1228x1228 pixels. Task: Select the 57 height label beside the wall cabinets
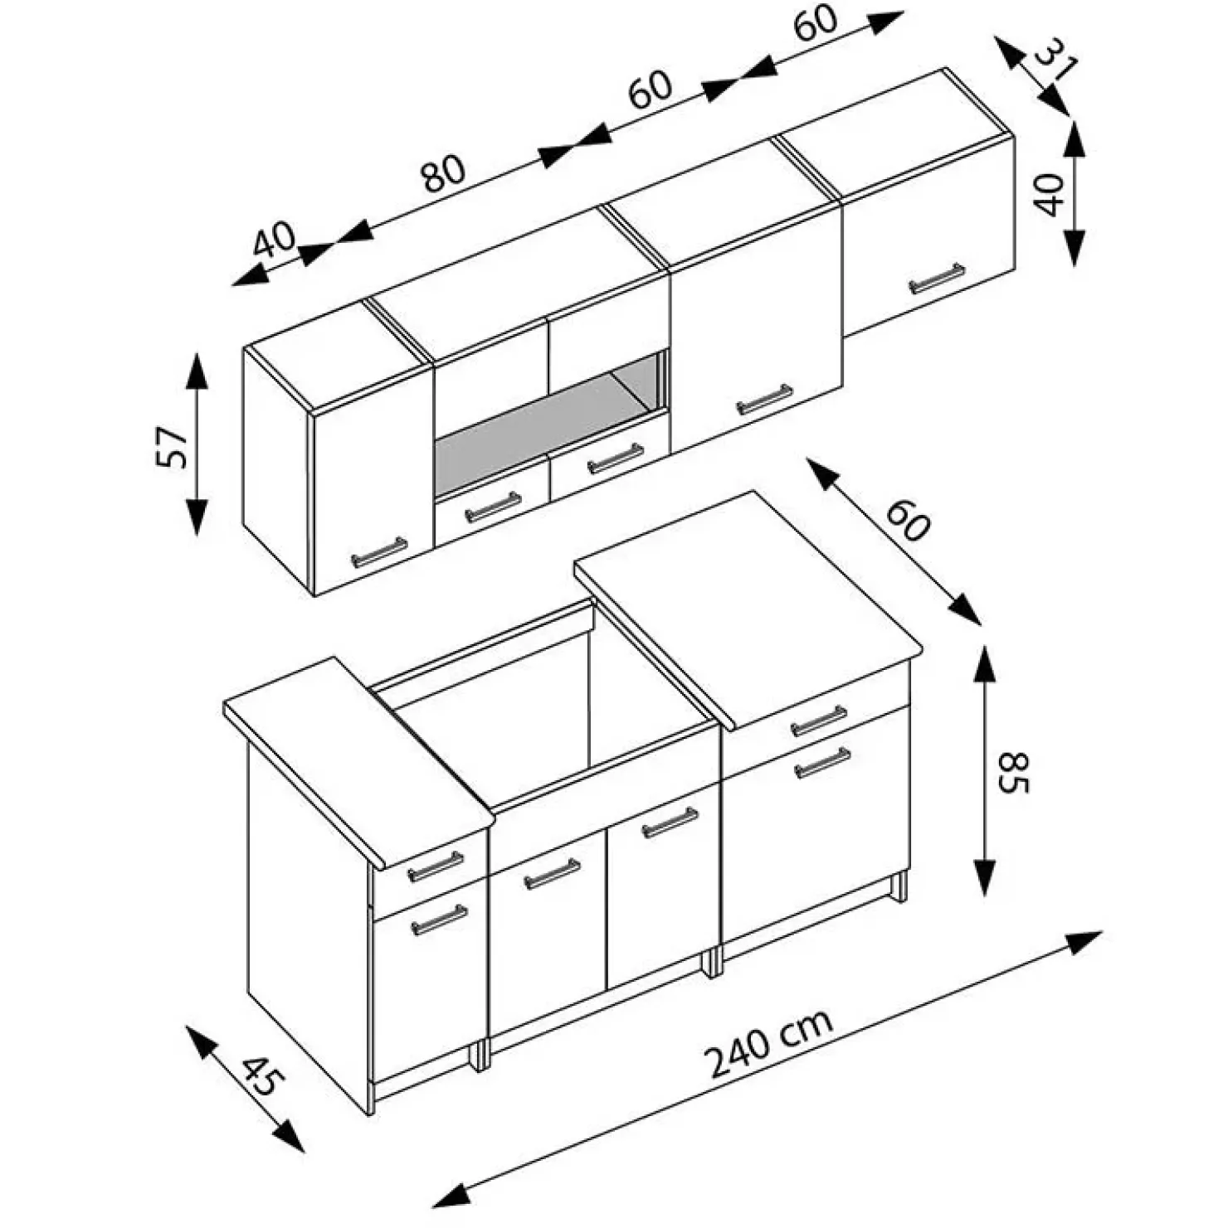point(172,447)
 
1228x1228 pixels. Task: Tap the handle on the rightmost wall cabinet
point(937,279)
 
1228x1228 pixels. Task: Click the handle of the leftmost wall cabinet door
point(379,552)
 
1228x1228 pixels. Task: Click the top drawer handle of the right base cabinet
point(819,721)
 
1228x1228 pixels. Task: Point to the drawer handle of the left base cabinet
point(436,866)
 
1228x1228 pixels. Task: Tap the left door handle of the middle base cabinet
point(553,874)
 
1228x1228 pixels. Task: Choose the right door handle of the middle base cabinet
point(670,823)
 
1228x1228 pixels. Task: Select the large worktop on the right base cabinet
point(747,605)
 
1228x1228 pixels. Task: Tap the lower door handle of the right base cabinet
point(822,763)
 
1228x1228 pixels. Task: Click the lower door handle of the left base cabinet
point(439,920)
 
